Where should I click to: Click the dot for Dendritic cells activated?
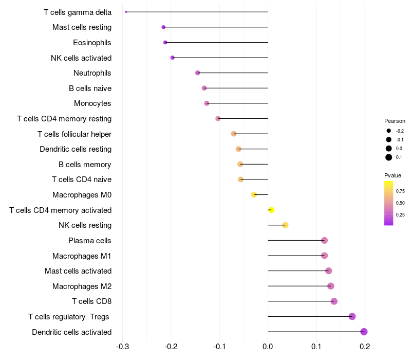tap(364, 332)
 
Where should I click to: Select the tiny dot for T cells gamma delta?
tap(126, 12)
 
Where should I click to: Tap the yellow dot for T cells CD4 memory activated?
tap(271, 210)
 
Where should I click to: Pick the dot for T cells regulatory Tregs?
tap(352, 316)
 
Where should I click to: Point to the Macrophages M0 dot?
tap(254, 194)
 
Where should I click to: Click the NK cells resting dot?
tap(285, 225)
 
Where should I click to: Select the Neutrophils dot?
tap(198, 73)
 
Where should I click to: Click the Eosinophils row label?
tap(92, 43)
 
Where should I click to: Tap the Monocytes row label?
tap(92, 103)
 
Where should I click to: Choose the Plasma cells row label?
tap(90, 241)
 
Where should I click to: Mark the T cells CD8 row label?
tap(91, 301)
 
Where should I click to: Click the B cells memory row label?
tap(85, 165)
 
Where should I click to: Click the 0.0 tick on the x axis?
tap(268, 347)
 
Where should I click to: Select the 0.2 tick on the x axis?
tap(365, 347)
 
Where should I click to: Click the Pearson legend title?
tap(395, 121)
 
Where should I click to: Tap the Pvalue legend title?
tap(393, 176)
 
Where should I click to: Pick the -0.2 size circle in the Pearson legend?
tap(389, 131)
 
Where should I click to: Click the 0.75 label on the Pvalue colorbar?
tap(400, 191)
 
